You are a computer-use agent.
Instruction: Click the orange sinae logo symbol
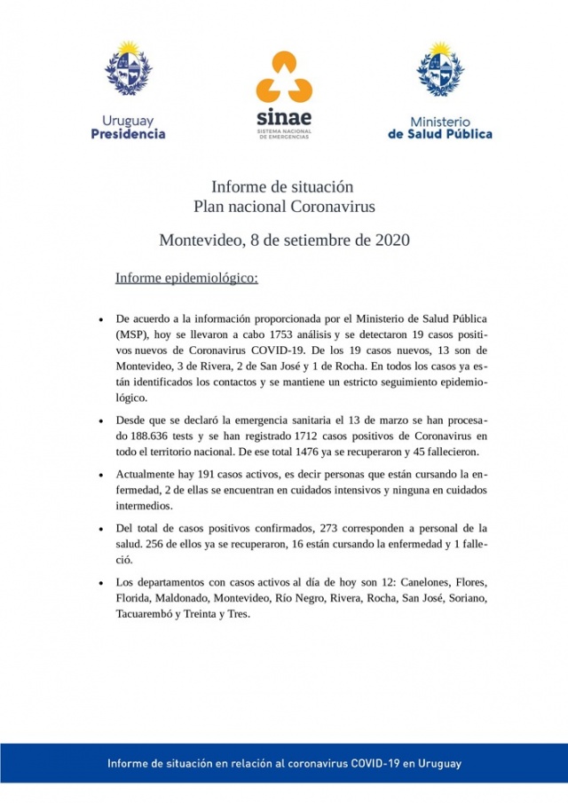tap(283, 76)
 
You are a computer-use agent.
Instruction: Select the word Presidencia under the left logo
tap(128, 134)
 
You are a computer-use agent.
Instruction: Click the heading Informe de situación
tap(283, 187)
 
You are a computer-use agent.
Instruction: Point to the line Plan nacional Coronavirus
tap(284, 207)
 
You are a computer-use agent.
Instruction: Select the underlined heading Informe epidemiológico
tap(186, 279)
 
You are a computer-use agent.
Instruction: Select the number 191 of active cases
tap(215, 475)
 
